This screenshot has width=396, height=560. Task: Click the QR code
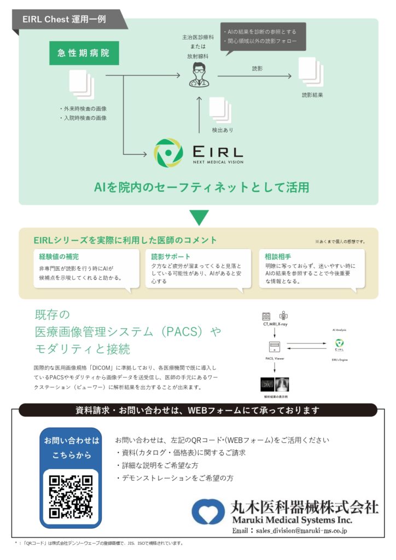(x=71, y=496)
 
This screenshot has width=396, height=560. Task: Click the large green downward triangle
(x=198, y=217)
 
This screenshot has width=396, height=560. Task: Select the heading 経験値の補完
(x=59, y=256)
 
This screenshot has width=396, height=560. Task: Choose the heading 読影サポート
(x=171, y=256)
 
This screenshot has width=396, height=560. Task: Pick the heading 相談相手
(x=278, y=256)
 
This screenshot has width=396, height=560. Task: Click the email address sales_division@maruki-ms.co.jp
(x=290, y=530)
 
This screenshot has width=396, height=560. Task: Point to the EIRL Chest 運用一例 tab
(x=65, y=19)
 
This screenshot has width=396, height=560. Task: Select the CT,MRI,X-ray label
(x=275, y=325)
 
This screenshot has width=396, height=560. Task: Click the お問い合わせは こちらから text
(x=72, y=447)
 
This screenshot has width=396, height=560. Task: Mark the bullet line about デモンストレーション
(x=174, y=477)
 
